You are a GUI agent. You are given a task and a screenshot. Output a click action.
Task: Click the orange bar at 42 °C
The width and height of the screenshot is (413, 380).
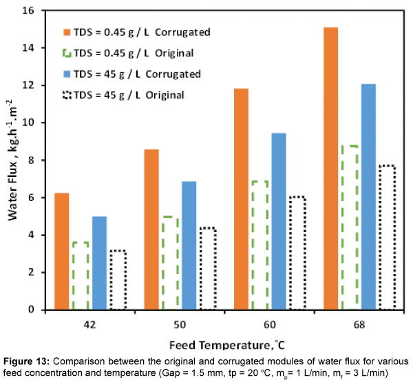click(x=62, y=251)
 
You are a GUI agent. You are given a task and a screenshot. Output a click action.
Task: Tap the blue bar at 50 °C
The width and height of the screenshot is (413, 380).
click(x=189, y=246)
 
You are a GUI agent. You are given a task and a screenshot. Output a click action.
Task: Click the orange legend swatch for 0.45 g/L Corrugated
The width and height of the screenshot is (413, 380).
click(x=66, y=32)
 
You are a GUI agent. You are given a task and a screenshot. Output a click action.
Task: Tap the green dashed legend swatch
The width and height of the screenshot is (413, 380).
click(x=66, y=53)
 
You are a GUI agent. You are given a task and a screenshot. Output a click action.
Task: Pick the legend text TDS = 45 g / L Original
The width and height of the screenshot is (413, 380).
click(x=128, y=95)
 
